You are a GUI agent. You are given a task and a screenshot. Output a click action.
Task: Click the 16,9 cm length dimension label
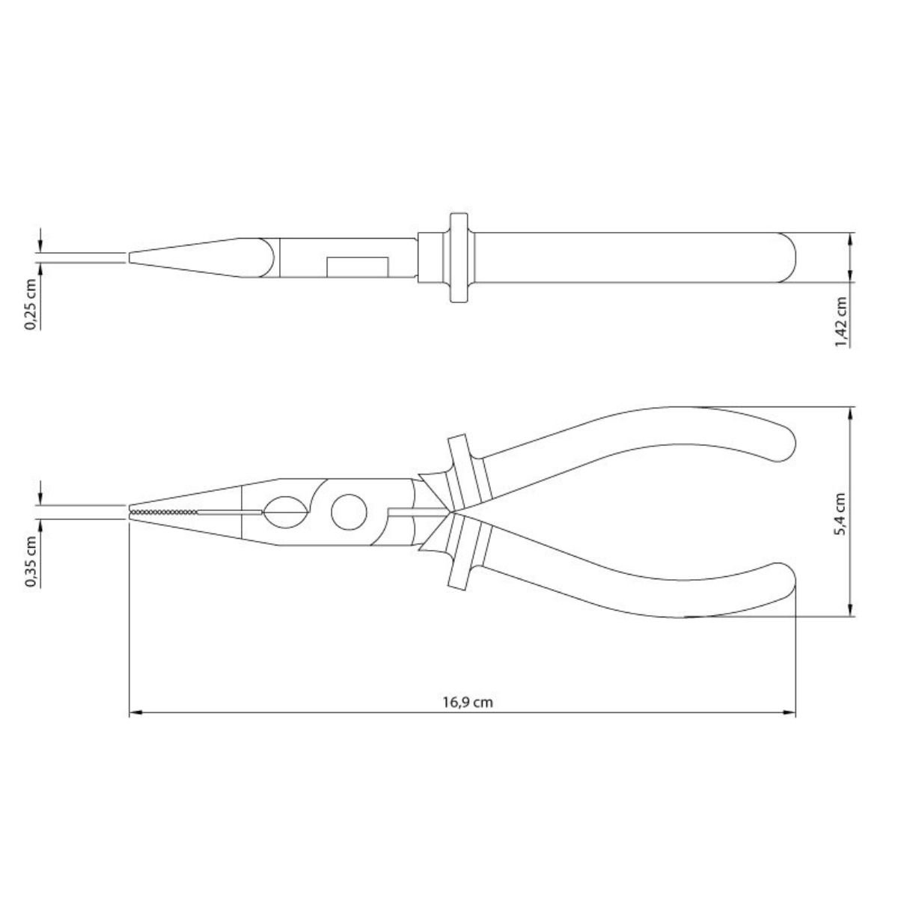click(x=468, y=702)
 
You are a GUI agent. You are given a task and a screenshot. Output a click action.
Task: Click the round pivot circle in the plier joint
click(x=349, y=512)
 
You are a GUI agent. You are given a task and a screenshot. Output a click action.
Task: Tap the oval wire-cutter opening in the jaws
click(x=285, y=512)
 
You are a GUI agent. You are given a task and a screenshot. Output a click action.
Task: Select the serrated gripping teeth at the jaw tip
click(x=163, y=512)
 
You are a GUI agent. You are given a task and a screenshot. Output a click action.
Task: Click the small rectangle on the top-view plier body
click(x=358, y=267)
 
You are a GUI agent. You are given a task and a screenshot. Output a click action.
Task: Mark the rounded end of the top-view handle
click(x=787, y=257)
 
